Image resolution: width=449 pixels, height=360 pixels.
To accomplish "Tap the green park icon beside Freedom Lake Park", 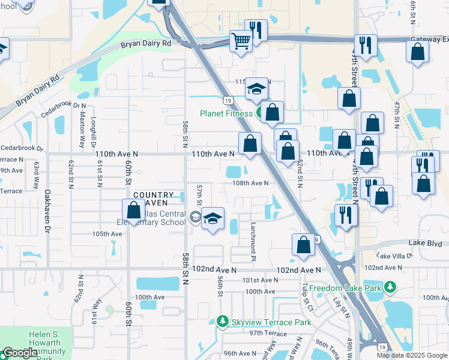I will tap(390, 288).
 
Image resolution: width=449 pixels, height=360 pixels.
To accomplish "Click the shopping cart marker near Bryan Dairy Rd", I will tap(241, 41).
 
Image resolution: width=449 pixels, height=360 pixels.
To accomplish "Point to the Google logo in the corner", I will tap(20, 353).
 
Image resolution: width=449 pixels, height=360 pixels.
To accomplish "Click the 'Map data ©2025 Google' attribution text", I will tap(412, 355).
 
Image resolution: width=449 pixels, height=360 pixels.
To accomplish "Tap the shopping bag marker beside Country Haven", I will tap(133, 210).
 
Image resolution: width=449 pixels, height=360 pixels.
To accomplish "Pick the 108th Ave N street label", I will tap(250, 183).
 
